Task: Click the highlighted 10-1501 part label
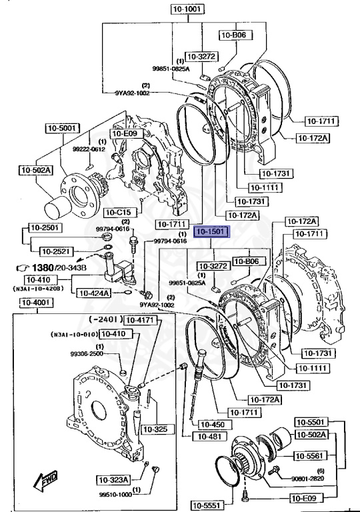point(210,233)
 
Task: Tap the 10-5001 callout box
point(63,128)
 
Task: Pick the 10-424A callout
point(93,292)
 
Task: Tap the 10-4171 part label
point(141,321)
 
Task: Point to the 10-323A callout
point(114,479)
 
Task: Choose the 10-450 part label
point(205,423)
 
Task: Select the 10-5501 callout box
point(311,423)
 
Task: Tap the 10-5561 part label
point(311,456)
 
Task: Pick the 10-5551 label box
point(207,504)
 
